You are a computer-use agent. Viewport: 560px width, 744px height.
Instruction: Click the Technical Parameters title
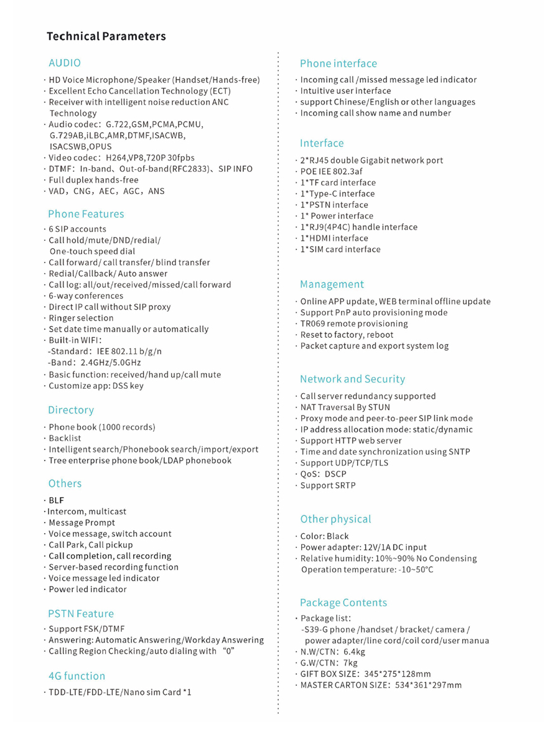106,36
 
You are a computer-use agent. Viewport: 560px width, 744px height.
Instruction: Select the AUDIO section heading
65,63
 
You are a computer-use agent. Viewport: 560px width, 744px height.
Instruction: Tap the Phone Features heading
86,214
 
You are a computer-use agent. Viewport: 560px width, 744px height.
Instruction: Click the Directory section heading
71,410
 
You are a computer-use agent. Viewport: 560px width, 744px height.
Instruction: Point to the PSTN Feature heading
81,614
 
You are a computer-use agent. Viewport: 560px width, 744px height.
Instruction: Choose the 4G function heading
77,676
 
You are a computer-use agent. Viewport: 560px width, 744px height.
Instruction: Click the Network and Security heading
352,379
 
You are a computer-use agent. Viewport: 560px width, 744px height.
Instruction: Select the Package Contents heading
343,602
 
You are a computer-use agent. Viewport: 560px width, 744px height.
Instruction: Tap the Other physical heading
335,519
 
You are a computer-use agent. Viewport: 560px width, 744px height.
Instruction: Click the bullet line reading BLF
56,500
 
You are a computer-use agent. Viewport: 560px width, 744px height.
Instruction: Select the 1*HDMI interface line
334,238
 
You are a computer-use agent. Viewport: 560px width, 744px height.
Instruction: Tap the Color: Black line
324,536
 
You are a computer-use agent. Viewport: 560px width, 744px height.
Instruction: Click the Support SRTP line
328,485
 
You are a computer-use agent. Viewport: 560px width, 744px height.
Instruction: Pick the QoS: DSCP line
323,474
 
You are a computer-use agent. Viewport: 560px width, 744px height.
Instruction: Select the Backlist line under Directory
65,438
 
